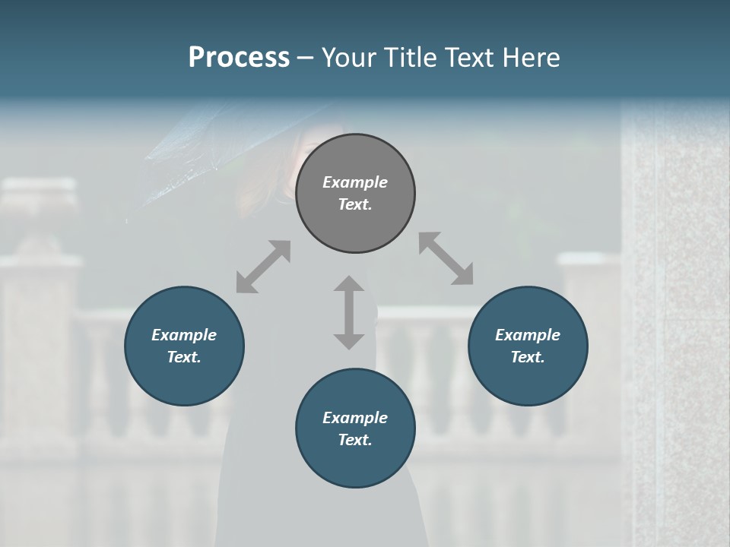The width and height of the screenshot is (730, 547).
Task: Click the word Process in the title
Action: [239, 58]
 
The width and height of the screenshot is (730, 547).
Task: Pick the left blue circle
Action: [184, 380]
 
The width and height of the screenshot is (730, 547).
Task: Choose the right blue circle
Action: [528, 380]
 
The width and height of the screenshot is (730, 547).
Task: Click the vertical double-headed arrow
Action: [349, 312]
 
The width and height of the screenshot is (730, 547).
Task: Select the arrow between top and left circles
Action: [263, 267]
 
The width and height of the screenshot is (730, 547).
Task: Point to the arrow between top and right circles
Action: [446, 258]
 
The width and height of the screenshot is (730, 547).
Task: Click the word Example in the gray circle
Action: [355, 182]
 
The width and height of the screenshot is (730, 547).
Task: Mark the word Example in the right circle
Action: [528, 335]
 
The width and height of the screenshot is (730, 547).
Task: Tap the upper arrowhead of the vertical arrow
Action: [349, 286]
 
